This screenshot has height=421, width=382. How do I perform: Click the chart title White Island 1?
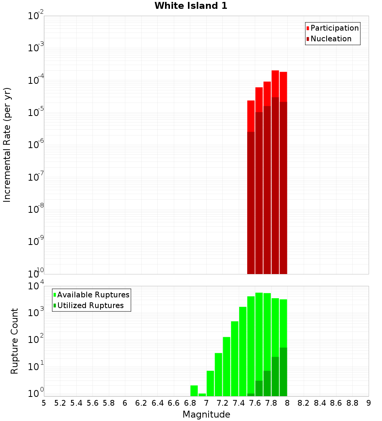click(x=191, y=6)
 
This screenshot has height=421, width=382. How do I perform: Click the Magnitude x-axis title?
click(x=206, y=414)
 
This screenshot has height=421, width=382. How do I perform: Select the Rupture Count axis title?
click(x=15, y=341)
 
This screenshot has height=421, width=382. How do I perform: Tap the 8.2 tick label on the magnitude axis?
click(x=304, y=403)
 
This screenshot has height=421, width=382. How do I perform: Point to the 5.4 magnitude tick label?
click(x=76, y=403)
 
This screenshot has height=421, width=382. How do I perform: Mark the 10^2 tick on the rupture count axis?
click(x=36, y=340)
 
